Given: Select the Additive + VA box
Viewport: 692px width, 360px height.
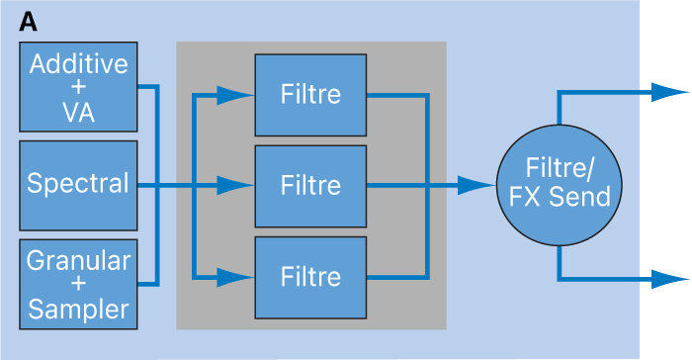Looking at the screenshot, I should point(78,88).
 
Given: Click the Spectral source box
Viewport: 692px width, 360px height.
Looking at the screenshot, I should point(78,184).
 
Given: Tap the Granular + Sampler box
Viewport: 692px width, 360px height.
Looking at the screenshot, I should point(78,285).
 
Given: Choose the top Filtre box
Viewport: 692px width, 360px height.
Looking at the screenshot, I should point(310,95).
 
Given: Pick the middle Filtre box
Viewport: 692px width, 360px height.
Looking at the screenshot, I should point(310,185).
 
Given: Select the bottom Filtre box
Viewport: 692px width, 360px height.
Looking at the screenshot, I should point(310,275).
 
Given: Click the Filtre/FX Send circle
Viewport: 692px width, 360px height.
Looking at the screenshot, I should point(560,185).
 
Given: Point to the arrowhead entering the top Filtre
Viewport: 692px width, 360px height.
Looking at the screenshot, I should point(235,95).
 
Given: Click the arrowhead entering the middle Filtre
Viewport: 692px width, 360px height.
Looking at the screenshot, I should point(235,185).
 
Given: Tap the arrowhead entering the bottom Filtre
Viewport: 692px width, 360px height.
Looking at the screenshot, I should point(235,275).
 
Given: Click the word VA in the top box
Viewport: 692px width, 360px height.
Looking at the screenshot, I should point(78,112).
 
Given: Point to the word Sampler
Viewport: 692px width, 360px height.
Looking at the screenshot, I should point(78,309).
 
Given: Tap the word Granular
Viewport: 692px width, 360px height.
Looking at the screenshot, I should point(78,261).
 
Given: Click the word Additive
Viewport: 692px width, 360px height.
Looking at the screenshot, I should point(78,64).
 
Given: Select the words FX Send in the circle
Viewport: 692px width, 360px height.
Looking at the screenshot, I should point(560,198).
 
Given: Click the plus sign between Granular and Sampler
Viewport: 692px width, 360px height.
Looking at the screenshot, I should point(78,285).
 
